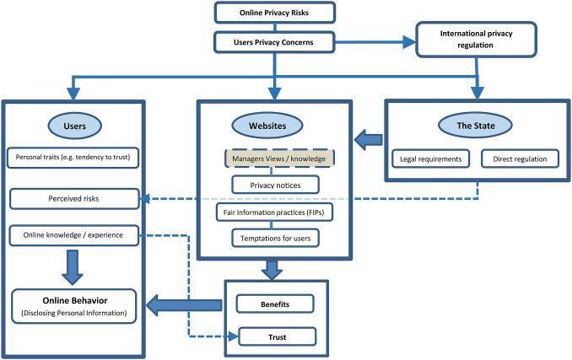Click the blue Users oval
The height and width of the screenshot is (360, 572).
[74, 124]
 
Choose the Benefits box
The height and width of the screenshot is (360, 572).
[276, 302]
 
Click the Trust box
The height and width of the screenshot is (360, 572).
[276, 337]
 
